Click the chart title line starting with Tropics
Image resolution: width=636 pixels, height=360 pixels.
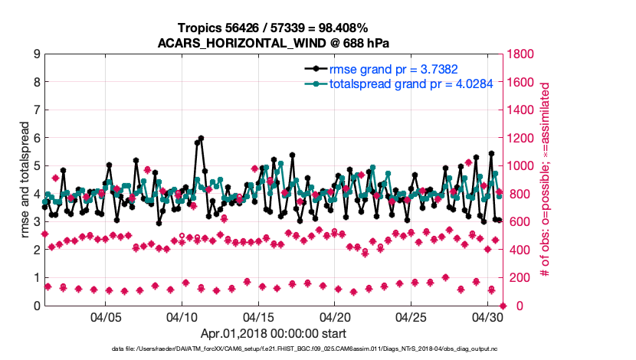[x=274, y=28]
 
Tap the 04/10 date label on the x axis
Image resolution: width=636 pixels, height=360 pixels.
[x=182, y=316]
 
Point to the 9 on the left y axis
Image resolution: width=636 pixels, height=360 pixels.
[x=36, y=54]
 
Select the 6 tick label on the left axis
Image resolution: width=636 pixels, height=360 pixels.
[x=36, y=138]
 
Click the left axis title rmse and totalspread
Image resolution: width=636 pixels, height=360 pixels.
[x=25, y=180]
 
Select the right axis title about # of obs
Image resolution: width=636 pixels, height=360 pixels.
[x=546, y=180]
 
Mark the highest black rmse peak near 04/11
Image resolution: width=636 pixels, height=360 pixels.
[x=202, y=139]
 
